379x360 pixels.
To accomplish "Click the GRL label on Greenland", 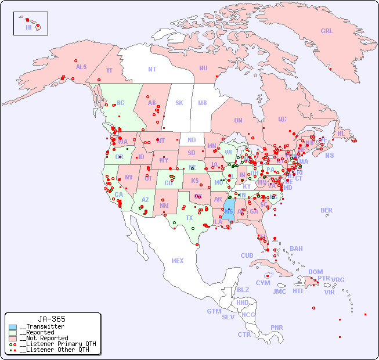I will [327, 31].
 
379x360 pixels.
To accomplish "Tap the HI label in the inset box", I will [28, 27].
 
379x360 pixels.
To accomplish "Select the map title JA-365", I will [52, 319].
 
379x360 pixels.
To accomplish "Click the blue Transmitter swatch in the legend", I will [13, 327].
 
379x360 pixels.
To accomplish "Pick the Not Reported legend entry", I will [44, 338].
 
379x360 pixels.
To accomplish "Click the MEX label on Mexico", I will [178, 261].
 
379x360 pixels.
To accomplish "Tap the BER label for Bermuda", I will [327, 210].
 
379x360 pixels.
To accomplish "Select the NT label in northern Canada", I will [152, 69].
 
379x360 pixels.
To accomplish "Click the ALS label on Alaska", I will [81, 67].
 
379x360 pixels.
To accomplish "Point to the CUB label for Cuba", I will [247, 255].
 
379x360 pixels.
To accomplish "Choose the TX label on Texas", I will [189, 218].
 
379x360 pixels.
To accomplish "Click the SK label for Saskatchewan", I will [179, 103].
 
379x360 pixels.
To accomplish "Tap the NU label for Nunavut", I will [203, 68].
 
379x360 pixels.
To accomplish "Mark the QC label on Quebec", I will [282, 119].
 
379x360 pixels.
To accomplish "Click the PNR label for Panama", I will [277, 327].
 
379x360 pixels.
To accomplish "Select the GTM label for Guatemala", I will [214, 311].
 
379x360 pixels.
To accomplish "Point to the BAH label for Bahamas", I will [296, 249].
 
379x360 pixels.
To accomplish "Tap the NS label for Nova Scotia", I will [330, 156].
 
